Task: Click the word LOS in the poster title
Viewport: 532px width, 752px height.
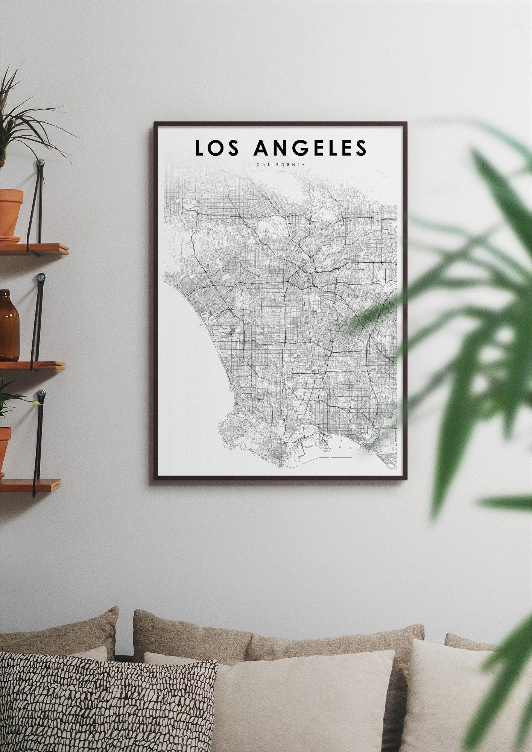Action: pos(217,148)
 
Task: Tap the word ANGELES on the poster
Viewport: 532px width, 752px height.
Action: pos(310,148)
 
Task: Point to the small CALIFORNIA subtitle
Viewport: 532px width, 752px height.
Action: pos(280,165)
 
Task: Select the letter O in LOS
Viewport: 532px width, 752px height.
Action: pos(217,148)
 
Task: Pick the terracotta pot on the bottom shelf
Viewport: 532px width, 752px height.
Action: pos(5,450)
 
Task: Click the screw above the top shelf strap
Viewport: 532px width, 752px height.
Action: pos(41,163)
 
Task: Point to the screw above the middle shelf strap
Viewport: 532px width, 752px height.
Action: pos(41,277)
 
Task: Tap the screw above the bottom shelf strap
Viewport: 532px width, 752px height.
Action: pos(41,394)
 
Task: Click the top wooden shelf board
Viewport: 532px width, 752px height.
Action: pos(34,249)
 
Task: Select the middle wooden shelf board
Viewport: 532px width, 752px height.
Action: pos(32,365)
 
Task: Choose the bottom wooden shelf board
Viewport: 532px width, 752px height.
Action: pos(30,485)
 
